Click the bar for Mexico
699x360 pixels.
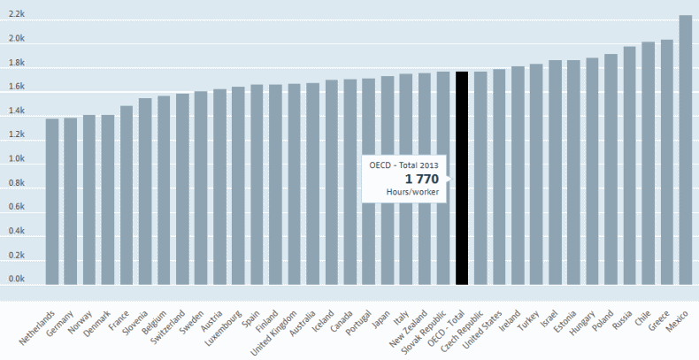point(685,150)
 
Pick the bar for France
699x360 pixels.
point(127,195)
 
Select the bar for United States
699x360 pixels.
point(499,177)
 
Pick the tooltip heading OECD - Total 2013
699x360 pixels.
point(404,165)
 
